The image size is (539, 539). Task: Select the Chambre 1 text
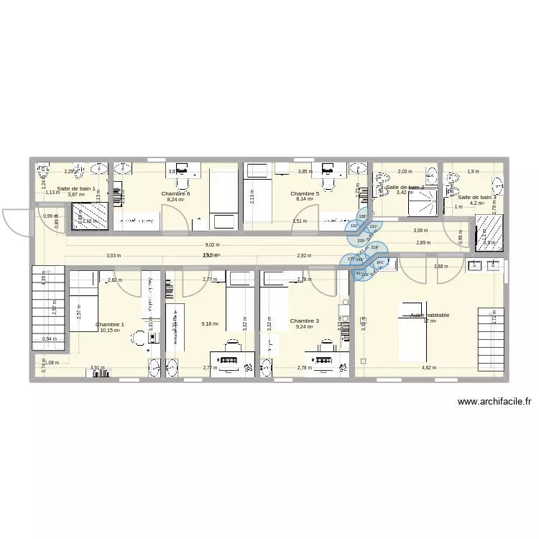[110, 324]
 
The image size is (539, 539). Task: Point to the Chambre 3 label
[305, 321]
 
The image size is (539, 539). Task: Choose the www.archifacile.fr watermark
[494, 402]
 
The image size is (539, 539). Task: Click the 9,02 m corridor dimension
[212, 245]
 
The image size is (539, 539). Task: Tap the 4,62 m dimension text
[428, 368]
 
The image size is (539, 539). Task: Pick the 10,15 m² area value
[110, 331]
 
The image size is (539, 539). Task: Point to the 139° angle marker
[362, 217]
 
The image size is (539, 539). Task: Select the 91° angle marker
[358, 273]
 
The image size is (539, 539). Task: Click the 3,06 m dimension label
[420, 230]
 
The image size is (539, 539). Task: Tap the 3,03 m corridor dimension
[113, 255]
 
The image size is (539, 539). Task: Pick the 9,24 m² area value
[305, 328]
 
